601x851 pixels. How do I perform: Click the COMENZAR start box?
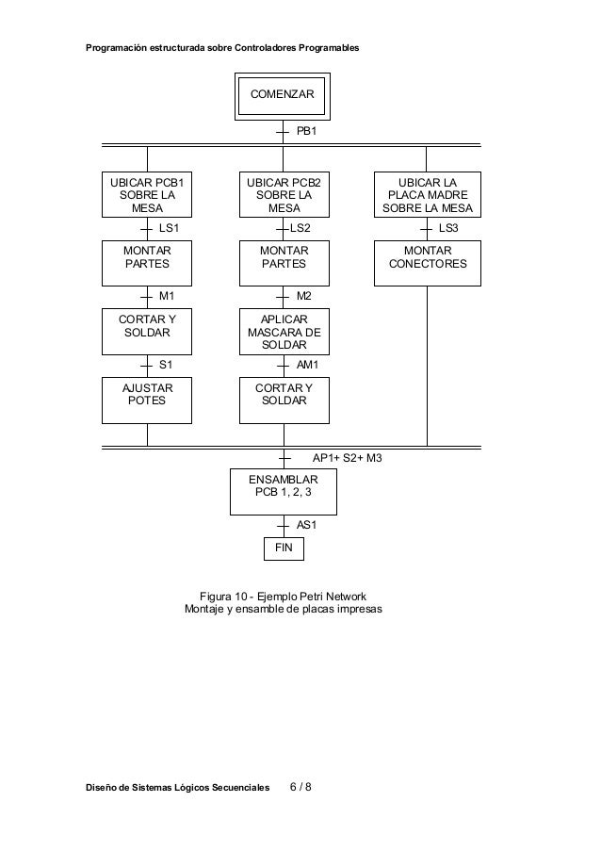(283, 96)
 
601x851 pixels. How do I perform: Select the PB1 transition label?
(307, 133)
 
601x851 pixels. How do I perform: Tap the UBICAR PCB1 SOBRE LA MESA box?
(147, 195)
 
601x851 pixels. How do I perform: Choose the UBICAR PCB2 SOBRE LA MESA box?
(284, 195)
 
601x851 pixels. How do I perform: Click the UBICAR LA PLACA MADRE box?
(427, 195)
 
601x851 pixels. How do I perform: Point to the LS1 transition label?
(170, 228)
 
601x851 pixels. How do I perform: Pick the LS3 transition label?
(448, 228)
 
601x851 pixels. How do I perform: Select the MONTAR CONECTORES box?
(427, 263)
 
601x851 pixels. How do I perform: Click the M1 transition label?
(167, 296)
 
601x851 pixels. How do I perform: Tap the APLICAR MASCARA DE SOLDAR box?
(284, 333)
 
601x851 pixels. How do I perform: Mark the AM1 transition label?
(308, 364)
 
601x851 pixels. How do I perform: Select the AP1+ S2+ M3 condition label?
(347, 457)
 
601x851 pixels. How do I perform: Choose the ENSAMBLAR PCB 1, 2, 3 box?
(284, 491)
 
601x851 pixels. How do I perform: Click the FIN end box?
(284, 548)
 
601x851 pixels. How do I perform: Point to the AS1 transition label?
(307, 525)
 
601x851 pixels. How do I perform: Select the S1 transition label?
(166, 364)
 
